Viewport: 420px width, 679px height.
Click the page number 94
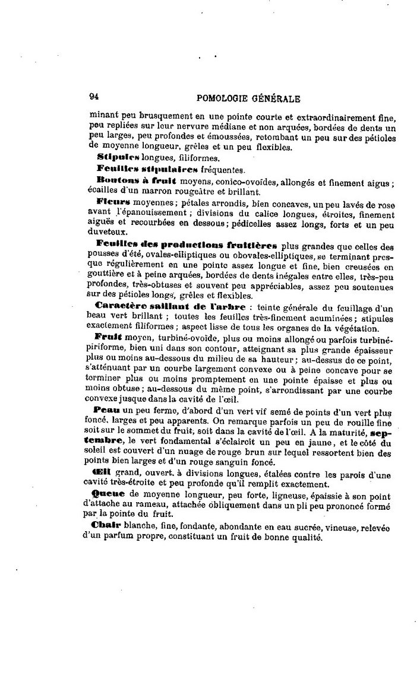94,99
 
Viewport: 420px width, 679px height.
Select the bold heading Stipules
118,157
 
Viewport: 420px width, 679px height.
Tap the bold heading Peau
107,410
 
